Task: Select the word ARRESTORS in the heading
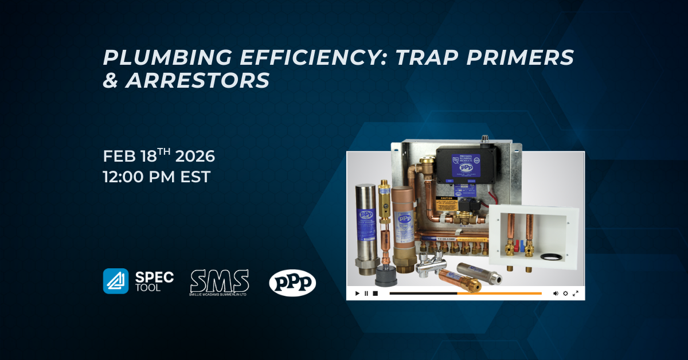pos(197,81)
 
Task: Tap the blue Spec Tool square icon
pos(116,281)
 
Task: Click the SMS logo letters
pos(220,280)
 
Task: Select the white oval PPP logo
pos(292,282)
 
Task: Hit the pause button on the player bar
pos(366,294)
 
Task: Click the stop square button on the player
pos(375,294)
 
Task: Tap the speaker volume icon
pos(556,294)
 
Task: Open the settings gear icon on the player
pos(565,294)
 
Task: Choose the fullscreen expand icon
pos(575,294)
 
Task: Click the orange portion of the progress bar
pos(499,294)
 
